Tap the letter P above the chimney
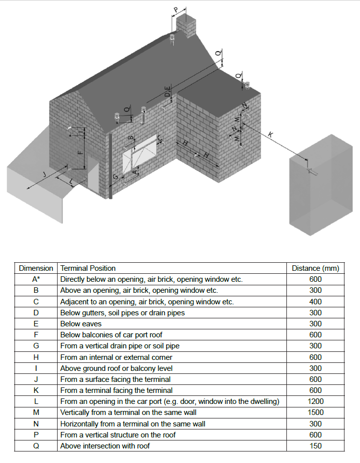click(x=176, y=10)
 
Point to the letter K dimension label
click(x=271, y=134)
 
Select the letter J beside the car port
click(x=44, y=174)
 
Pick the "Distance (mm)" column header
click(x=315, y=268)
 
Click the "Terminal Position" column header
click(x=88, y=268)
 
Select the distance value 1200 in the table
click(x=315, y=401)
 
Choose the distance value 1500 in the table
click(x=315, y=412)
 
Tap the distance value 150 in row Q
click(x=315, y=446)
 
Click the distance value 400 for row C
click(x=315, y=302)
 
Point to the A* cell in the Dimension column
click(x=36, y=279)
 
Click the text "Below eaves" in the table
click(x=78, y=324)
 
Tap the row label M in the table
click(x=36, y=412)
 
